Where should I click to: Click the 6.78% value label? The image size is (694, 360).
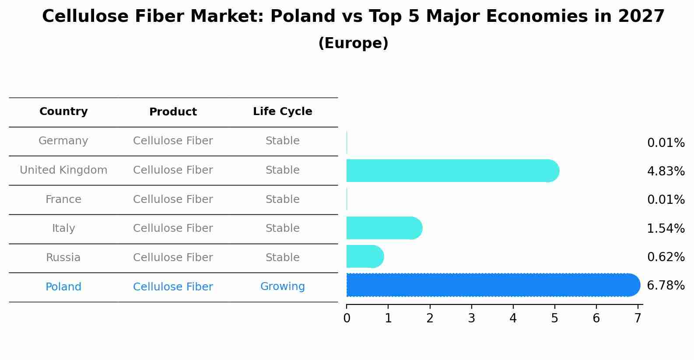point(666,286)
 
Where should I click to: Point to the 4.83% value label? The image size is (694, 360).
point(666,171)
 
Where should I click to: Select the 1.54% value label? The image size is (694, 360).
point(666,228)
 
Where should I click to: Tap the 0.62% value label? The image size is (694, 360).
point(666,257)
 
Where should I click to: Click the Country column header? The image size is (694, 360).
point(63,112)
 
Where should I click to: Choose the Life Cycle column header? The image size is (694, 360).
point(283,112)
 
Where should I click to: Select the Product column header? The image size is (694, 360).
point(173,112)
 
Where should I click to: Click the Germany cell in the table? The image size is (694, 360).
point(63,141)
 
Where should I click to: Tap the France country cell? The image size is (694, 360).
point(63,199)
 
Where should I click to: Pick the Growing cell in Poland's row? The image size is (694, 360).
point(283,287)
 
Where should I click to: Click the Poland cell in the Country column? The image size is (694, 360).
point(63,287)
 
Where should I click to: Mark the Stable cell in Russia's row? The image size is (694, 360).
point(283,258)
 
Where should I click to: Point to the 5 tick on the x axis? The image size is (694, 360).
point(554,318)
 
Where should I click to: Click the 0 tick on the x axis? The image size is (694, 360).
point(347,318)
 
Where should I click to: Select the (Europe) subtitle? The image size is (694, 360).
point(353,43)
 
